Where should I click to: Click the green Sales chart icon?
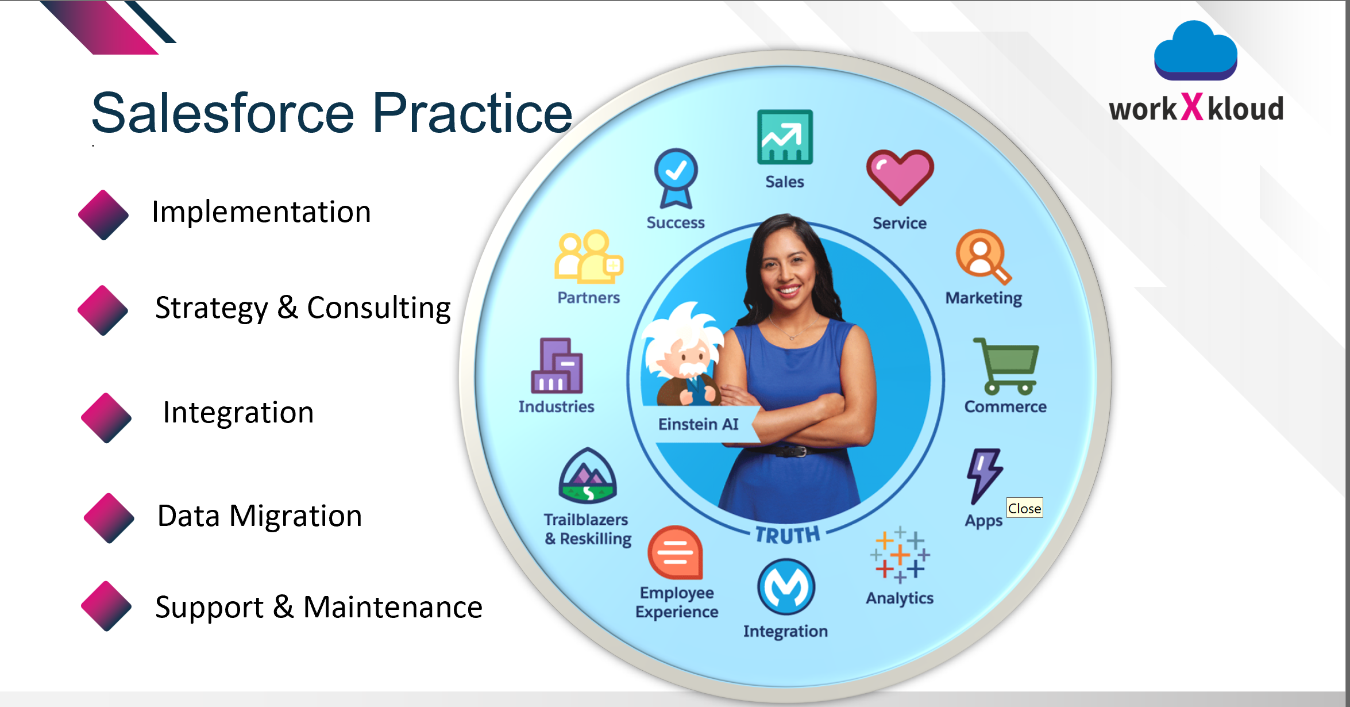tap(785, 137)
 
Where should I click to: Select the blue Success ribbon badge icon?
tap(676, 178)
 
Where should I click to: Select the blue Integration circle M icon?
tap(786, 587)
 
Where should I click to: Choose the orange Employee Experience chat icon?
tap(676, 552)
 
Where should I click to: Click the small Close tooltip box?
tap(1024, 508)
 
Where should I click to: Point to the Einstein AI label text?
tap(698, 424)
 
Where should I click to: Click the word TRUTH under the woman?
tap(787, 535)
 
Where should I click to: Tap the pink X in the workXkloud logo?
tap(1192, 106)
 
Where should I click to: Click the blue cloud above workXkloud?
tap(1195, 51)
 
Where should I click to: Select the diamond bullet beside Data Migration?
tap(109, 518)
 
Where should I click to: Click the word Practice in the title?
tap(472, 113)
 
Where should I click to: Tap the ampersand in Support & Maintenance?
tap(283, 607)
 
